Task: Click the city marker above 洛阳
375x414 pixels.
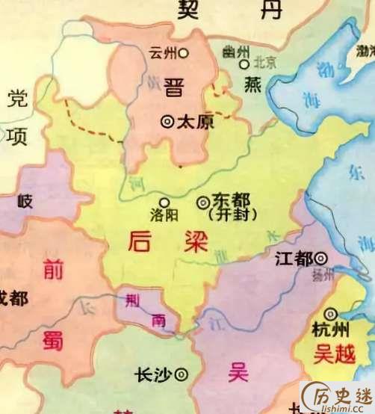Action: [164, 200]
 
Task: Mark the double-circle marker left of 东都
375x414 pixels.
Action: [203, 201]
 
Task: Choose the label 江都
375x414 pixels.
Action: [294, 259]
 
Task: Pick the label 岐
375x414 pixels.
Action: [25, 200]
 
